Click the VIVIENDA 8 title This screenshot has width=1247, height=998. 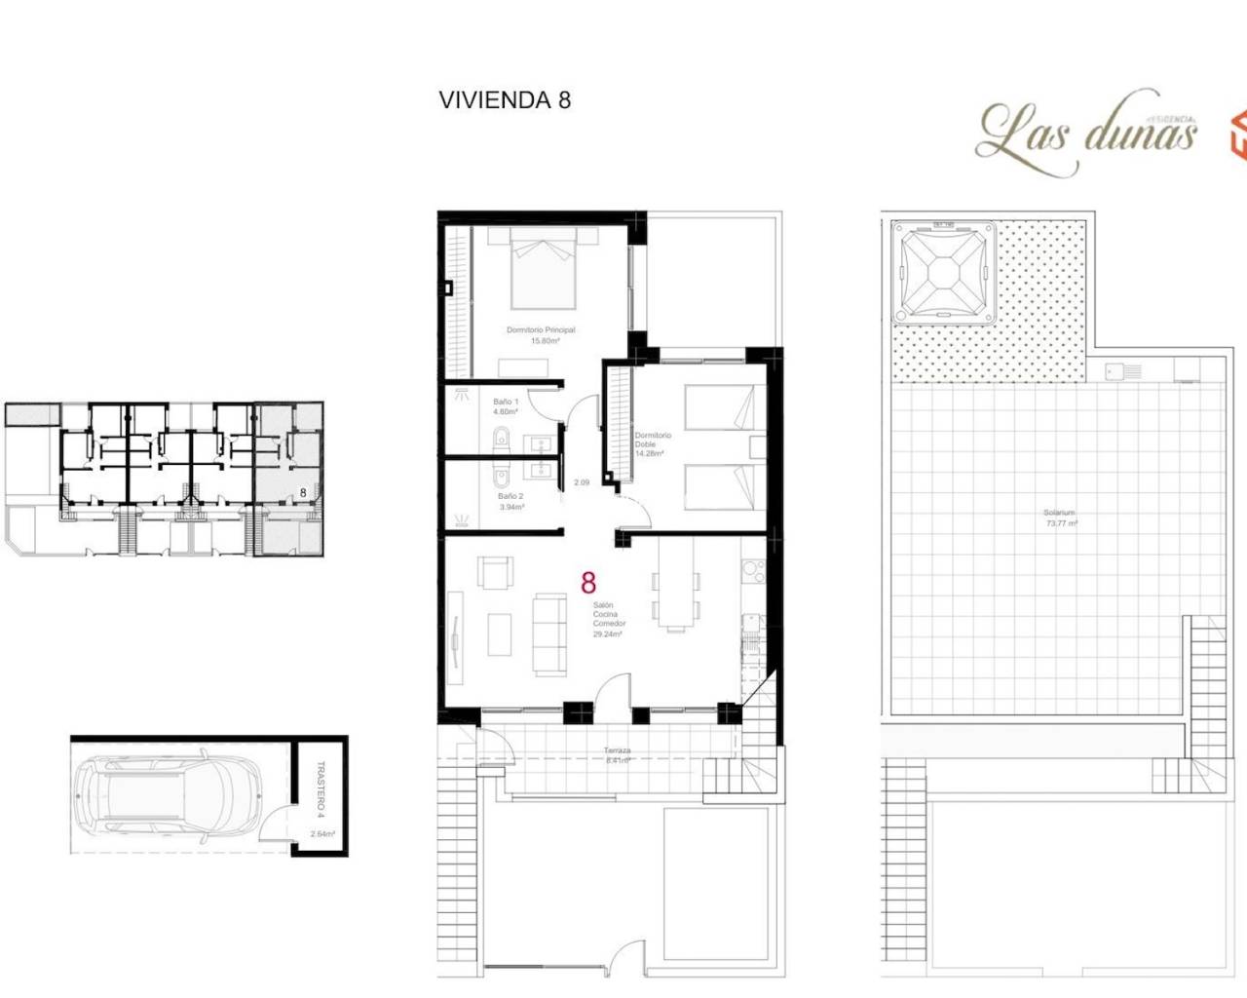[x=505, y=100]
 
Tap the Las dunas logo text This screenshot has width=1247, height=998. [x=1087, y=133]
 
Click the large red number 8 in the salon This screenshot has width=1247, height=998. [x=588, y=583]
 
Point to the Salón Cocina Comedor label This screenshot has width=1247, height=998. [x=609, y=620]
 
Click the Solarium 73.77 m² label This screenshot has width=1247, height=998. [x=1061, y=518]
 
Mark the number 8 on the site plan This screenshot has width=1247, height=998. [x=303, y=493]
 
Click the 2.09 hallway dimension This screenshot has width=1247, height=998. [x=582, y=482]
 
